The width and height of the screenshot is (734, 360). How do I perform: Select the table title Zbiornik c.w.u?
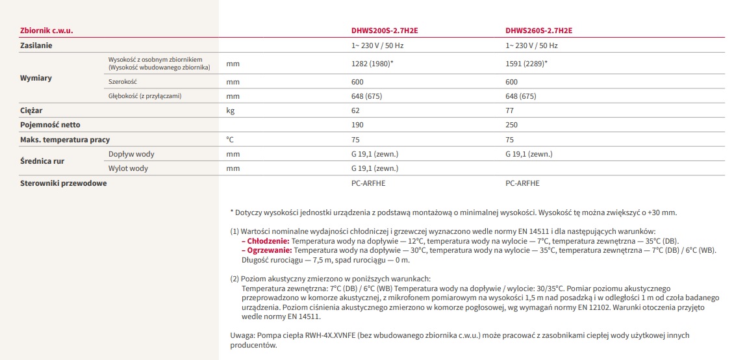point(46,31)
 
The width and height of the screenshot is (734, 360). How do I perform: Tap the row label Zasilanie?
point(36,45)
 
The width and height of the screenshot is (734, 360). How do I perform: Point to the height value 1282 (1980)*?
point(372,64)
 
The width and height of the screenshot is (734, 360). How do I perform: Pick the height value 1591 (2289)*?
point(527,64)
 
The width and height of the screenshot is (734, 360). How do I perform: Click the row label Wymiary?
point(36,78)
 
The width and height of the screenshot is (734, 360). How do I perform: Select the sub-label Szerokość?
point(123,82)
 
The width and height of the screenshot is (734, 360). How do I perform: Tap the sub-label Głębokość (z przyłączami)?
point(144,96)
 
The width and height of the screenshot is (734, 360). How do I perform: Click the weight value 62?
point(355,110)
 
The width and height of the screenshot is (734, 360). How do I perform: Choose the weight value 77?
point(510,110)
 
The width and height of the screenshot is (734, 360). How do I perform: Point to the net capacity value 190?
point(357,125)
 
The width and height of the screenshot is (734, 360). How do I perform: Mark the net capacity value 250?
point(512,125)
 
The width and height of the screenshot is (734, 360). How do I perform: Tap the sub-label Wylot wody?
point(128,168)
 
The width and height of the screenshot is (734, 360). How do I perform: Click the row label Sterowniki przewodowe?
point(64,183)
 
